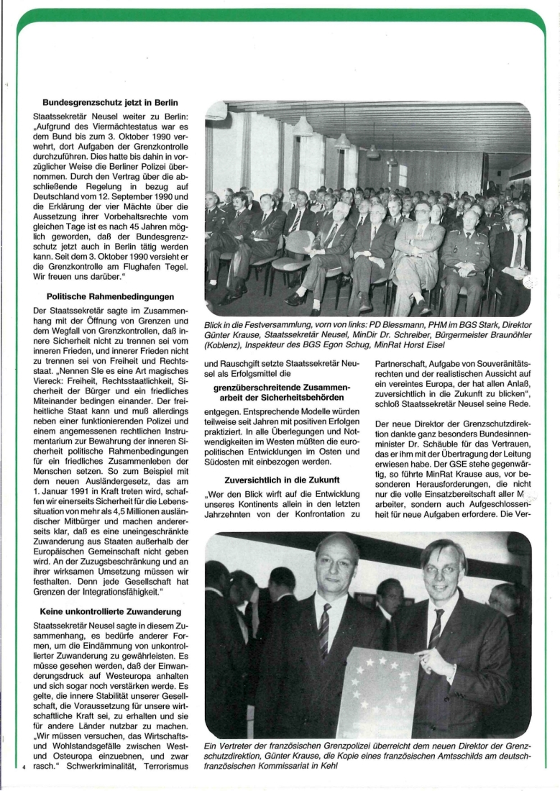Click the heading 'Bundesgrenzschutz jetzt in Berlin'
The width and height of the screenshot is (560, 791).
[x=110, y=103]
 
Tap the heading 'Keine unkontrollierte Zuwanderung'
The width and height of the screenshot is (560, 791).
[x=110, y=611]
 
